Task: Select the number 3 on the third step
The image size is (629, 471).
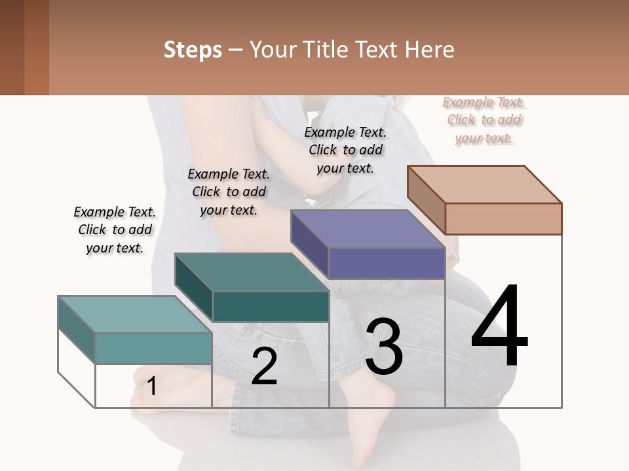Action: [x=384, y=347]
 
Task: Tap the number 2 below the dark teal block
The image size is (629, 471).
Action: [x=264, y=366]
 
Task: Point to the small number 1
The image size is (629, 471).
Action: [x=151, y=387]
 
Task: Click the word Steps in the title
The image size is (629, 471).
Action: [x=193, y=50]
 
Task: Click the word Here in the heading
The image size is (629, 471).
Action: [x=430, y=50]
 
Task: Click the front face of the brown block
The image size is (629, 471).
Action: [x=503, y=218]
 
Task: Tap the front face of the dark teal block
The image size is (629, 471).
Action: [x=271, y=306]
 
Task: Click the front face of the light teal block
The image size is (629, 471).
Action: [x=153, y=348]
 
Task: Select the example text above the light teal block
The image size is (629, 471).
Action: [x=115, y=230]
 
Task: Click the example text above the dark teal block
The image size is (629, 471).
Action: [x=229, y=192]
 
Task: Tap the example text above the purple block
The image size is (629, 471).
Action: [x=345, y=150]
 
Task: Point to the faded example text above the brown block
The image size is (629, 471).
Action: [x=484, y=120]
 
